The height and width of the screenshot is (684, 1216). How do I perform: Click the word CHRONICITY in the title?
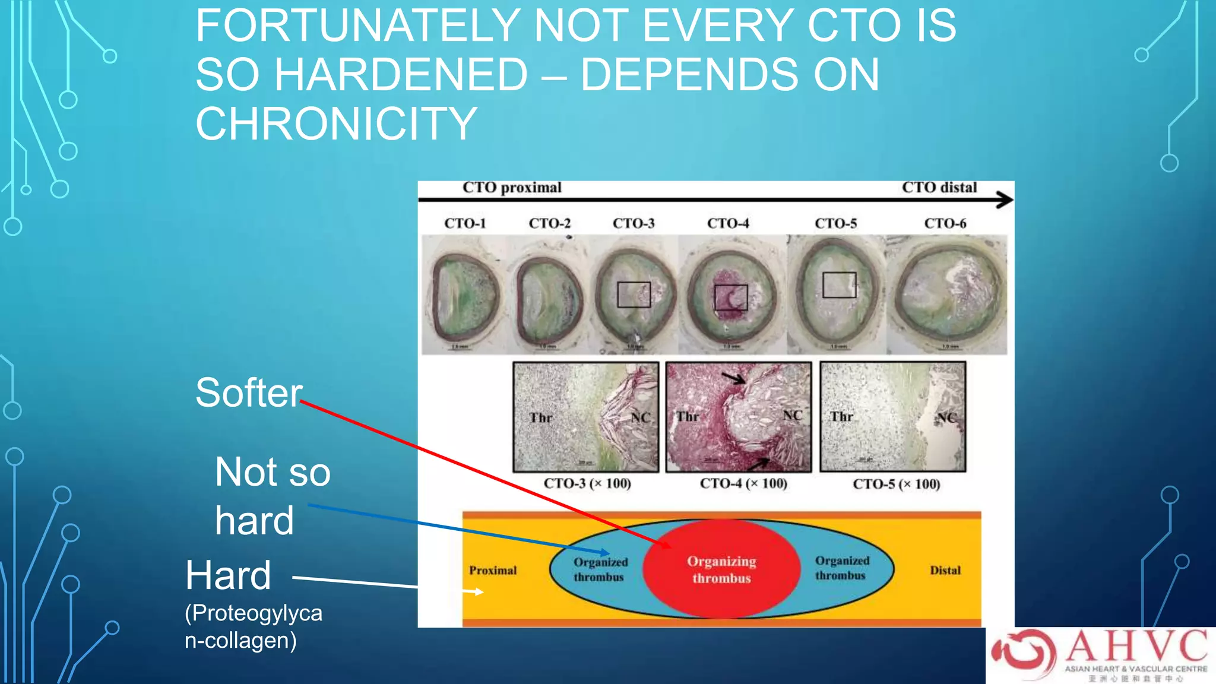coord(336,124)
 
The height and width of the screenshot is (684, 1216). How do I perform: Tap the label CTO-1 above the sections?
coord(465,223)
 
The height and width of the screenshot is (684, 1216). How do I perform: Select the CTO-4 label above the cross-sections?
coord(728,223)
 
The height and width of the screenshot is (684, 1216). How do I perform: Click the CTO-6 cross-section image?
coord(946,294)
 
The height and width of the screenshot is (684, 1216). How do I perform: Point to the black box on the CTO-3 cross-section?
coord(634,294)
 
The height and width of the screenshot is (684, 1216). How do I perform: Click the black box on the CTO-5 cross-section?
coord(839,285)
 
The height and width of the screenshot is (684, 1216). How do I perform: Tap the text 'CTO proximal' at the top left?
coord(512,188)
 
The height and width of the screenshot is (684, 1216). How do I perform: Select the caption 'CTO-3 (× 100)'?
coord(587,483)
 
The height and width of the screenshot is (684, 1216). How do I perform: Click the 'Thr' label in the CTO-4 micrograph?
coord(688,417)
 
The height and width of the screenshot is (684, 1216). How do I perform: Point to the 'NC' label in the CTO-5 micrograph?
coord(946,417)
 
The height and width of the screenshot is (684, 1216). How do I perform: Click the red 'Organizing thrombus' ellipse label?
coord(721,569)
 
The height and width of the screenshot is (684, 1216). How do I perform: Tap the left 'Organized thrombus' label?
coord(600,569)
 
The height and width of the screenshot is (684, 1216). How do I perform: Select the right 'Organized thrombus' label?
coord(841,568)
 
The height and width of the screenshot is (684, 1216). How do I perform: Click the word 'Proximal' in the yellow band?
coord(493,570)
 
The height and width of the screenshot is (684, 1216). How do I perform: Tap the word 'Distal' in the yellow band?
coord(945,570)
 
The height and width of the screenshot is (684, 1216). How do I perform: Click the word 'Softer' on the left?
coord(249,392)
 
